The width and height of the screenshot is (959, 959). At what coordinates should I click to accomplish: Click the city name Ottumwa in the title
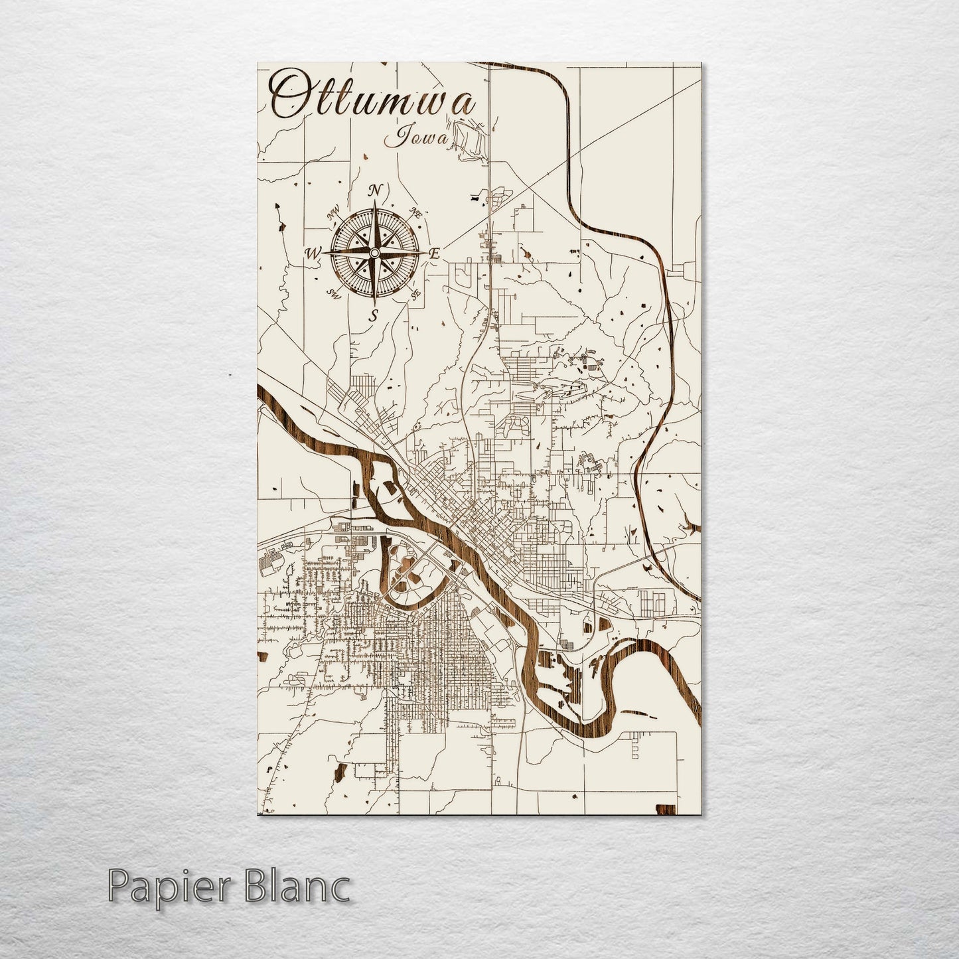374,100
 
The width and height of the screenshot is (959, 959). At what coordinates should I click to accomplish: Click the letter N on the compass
375,191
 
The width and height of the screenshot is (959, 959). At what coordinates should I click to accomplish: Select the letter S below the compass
374,315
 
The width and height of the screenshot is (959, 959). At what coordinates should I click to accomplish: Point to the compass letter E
435,254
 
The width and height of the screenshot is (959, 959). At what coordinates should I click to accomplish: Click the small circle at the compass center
374,253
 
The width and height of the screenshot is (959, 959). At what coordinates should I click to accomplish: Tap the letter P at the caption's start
119,887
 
